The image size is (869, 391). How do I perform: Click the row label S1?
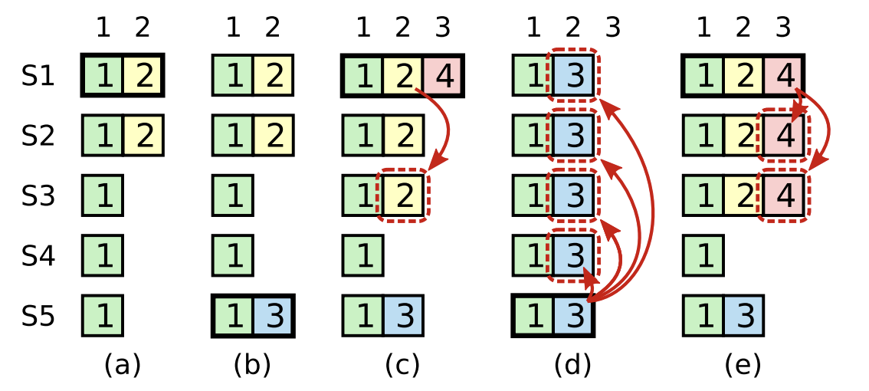click(x=38, y=77)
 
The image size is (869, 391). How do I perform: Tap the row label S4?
click(x=38, y=255)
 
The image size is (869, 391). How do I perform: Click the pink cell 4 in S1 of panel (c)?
click(x=443, y=76)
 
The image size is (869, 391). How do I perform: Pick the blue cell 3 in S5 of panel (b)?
click(x=273, y=316)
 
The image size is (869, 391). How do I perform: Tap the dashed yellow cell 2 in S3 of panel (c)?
click(x=403, y=196)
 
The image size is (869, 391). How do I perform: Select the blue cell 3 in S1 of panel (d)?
click(x=573, y=76)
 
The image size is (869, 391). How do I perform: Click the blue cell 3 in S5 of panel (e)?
click(x=743, y=316)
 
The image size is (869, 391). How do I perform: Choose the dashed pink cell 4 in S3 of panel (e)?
click(x=783, y=196)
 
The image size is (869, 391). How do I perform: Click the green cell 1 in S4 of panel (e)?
click(x=703, y=255)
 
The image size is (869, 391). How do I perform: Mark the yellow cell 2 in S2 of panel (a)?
click(x=143, y=136)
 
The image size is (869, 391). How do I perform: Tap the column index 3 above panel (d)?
click(x=612, y=28)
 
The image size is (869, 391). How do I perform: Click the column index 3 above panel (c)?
click(x=442, y=28)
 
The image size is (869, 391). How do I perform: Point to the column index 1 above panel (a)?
click(x=103, y=28)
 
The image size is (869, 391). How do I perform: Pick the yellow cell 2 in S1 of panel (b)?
click(x=273, y=76)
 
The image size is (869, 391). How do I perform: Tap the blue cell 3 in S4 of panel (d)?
click(x=573, y=255)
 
